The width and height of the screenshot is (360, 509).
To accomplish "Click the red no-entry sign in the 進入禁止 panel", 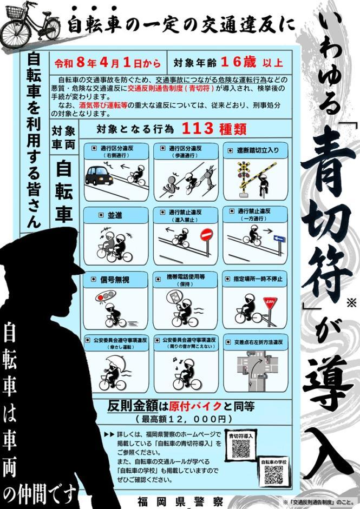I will point(206,235).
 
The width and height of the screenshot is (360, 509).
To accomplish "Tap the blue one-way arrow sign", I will point(279,239).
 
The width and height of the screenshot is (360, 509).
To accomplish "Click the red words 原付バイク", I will point(195,406).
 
